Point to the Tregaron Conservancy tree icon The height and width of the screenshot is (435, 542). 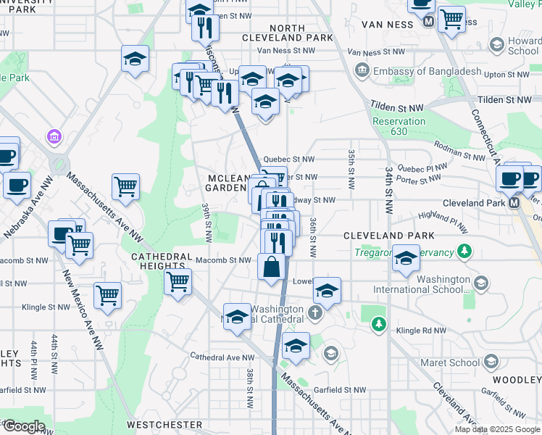(x=464, y=252)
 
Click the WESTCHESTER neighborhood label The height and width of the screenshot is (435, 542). (x=164, y=424)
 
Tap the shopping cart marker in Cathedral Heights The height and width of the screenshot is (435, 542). (x=178, y=281)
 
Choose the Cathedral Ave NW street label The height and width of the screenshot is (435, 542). (x=222, y=357)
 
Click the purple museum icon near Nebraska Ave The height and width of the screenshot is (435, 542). (x=52, y=136)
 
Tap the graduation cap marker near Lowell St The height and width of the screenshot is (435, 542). (x=328, y=291)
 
